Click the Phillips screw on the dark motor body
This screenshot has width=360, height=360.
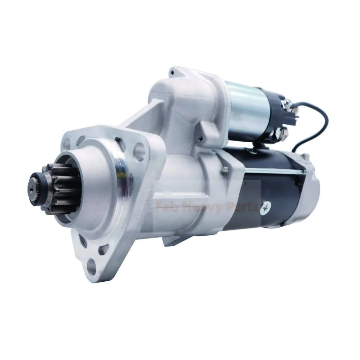point(265,208)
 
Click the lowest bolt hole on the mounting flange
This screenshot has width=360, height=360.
point(92,266)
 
